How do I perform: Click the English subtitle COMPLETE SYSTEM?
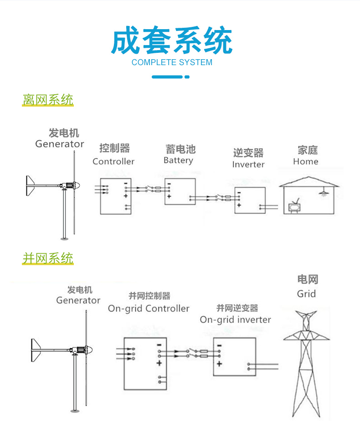pos(172,62)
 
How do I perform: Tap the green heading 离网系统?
pos(48,100)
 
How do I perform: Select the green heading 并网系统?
pos(48,258)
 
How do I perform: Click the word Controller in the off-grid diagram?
pos(113,161)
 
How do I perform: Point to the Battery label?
pos(178,160)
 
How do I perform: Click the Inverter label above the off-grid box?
pos(248,164)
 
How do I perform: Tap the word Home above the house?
pos(305,162)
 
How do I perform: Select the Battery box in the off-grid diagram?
pos(180,191)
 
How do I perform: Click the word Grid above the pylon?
pos(306,294)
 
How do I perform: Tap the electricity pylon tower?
pos(306,364)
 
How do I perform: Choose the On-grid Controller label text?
pos(149,308)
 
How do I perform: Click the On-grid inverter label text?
pos(235,320)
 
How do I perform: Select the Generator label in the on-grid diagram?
pos(78,301)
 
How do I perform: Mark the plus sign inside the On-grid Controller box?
pos(159,363)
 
